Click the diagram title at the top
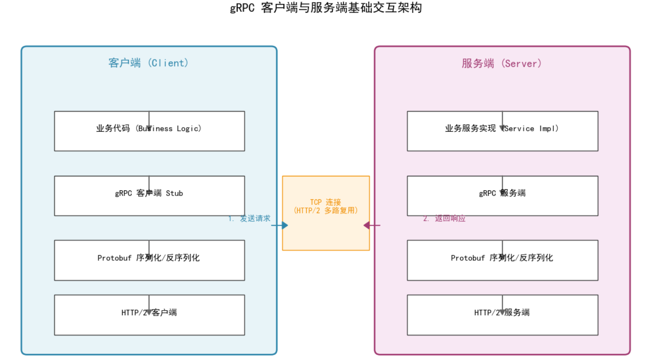(x=326, y=7)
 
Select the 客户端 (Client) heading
(x=149, y=63)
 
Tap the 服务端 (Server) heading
(x=502, y=64)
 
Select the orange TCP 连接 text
(x=326, y=202)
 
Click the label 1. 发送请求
(x=249, y=218)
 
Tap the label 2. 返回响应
(x=444, y=218)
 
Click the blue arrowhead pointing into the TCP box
(x=285, y=225)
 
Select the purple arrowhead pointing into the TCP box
(x=367, y=225)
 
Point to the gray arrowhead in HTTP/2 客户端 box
(x=149, y=312)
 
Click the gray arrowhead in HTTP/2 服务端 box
(x=502, y=312)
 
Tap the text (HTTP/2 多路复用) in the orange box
(x=326, y=210)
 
